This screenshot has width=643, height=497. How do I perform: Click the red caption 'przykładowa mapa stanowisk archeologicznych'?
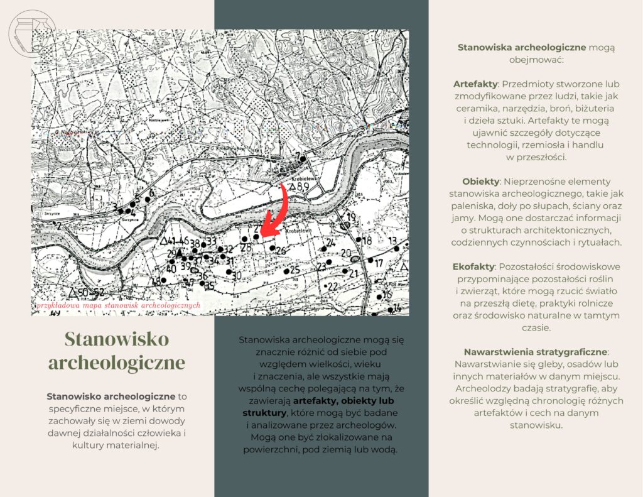[x=119, y=305]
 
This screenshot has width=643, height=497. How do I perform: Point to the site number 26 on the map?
[x=281, y=251]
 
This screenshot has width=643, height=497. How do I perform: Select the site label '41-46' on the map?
[x=175, y=241]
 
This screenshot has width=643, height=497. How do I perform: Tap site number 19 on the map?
[x=351, y=217]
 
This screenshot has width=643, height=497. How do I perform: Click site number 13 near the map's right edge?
[x=392, y=241]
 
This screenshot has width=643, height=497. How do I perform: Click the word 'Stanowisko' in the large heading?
[x=117, y=339]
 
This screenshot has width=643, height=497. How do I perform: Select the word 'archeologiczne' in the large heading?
[x=117, y=363]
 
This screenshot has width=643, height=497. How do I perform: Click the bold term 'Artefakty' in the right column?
[x=475, y=84]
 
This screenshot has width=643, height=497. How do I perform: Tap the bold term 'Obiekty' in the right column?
[x=480, y=181]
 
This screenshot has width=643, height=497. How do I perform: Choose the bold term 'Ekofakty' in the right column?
[x=473, y=266]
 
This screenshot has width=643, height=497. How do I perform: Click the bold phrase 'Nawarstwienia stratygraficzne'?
[x=536, y=352]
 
